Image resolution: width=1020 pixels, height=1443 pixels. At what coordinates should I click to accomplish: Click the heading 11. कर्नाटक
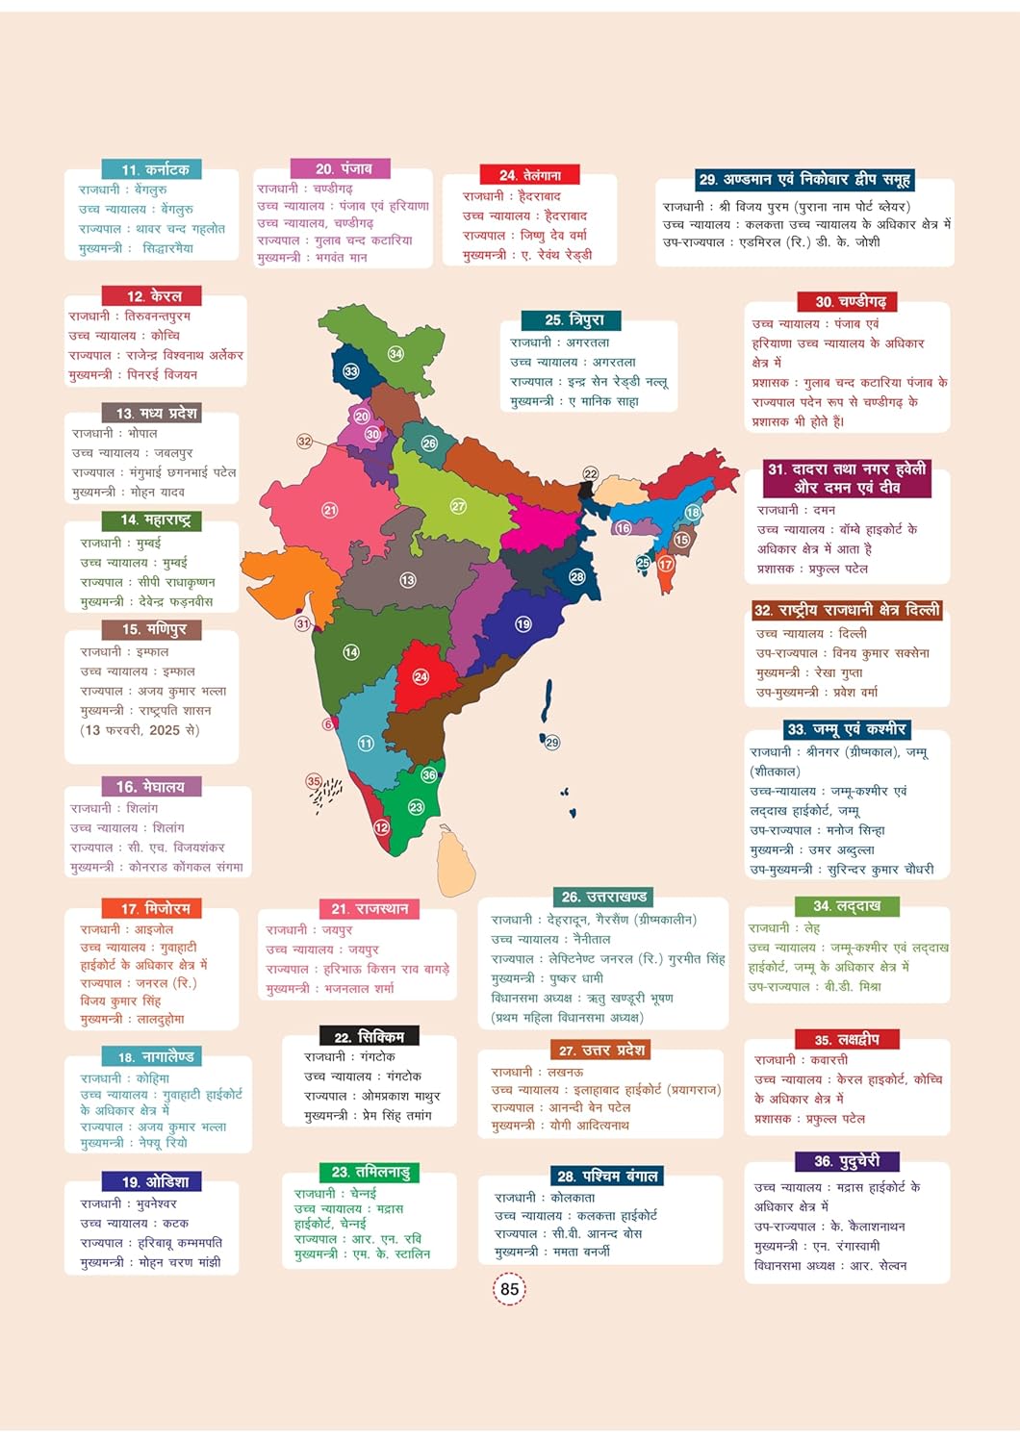tap(154, 169)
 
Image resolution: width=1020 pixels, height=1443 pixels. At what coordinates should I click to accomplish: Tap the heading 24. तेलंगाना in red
tap(530, 175)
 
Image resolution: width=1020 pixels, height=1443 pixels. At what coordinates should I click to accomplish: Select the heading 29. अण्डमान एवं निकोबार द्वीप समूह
tap(804, 180)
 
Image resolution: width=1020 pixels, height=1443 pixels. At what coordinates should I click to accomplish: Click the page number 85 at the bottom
tap(510, 1289)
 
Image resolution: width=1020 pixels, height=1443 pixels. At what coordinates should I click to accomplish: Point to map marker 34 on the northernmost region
tap(395, 354)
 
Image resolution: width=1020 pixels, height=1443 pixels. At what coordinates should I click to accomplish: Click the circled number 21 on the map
tap(330, 510)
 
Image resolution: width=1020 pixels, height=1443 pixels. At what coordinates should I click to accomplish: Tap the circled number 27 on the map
tap(458, 506)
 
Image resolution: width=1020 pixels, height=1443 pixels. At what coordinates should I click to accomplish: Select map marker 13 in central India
tap(408, 580)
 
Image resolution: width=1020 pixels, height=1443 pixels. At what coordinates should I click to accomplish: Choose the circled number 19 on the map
tap(523, 624)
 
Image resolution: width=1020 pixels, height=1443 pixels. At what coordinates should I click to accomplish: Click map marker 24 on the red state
tap(421, 677)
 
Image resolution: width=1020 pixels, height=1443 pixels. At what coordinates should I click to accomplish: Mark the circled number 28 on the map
tap(576, 577)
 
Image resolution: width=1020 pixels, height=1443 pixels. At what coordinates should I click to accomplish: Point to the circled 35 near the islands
tap(314, 781)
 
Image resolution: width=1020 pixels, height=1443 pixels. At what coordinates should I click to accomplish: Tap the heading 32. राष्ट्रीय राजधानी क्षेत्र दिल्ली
tap(846, 610)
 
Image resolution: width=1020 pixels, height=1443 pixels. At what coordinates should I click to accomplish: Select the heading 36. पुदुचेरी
tap(847, 1161)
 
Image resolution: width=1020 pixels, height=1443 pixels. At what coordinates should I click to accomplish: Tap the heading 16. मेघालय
tap(150, 787)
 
